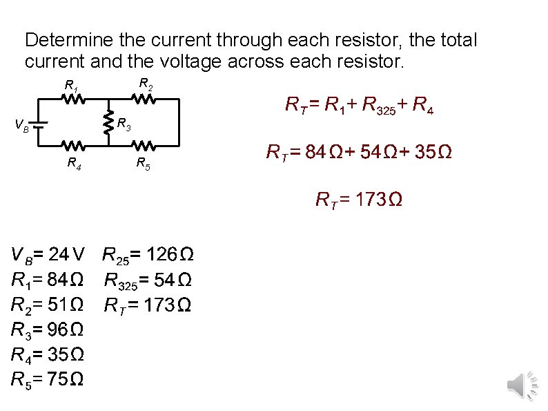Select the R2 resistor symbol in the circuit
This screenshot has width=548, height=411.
[x=144, y=99]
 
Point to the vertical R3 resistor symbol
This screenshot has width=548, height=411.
[x=108, y=123]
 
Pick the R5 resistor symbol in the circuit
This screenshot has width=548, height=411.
[x=144, y=146]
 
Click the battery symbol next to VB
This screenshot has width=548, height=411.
[x=40, y=125]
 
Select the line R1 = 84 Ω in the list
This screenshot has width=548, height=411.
[x=48, y=280]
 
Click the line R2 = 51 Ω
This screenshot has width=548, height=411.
[x=48, y=305]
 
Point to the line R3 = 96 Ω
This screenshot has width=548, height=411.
[x=48, y=329]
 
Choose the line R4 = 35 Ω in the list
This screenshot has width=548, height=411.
[x=48, y=354]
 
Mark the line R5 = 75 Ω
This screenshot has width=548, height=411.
[x=48, y=379]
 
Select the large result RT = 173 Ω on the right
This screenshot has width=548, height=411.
[x=359, y=200]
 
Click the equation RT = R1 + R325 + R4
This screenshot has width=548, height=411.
[x=360, y=106]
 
